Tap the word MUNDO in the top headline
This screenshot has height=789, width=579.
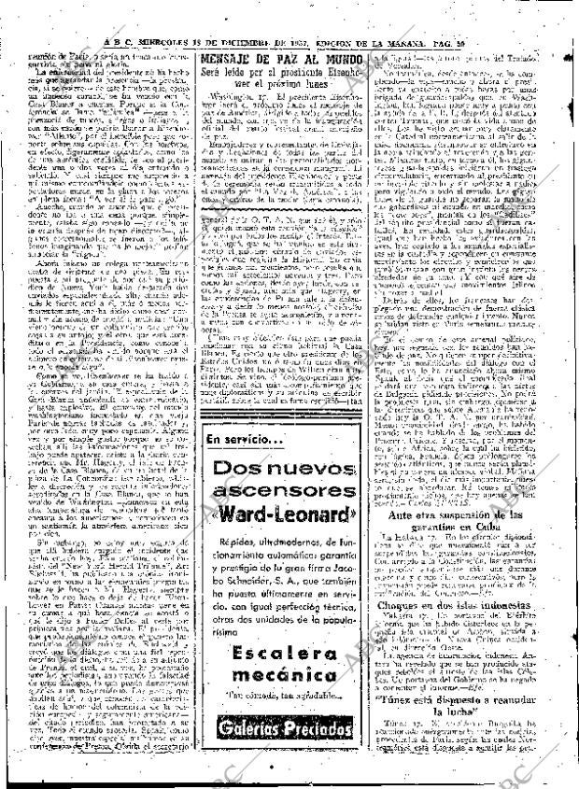coord(347,59)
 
